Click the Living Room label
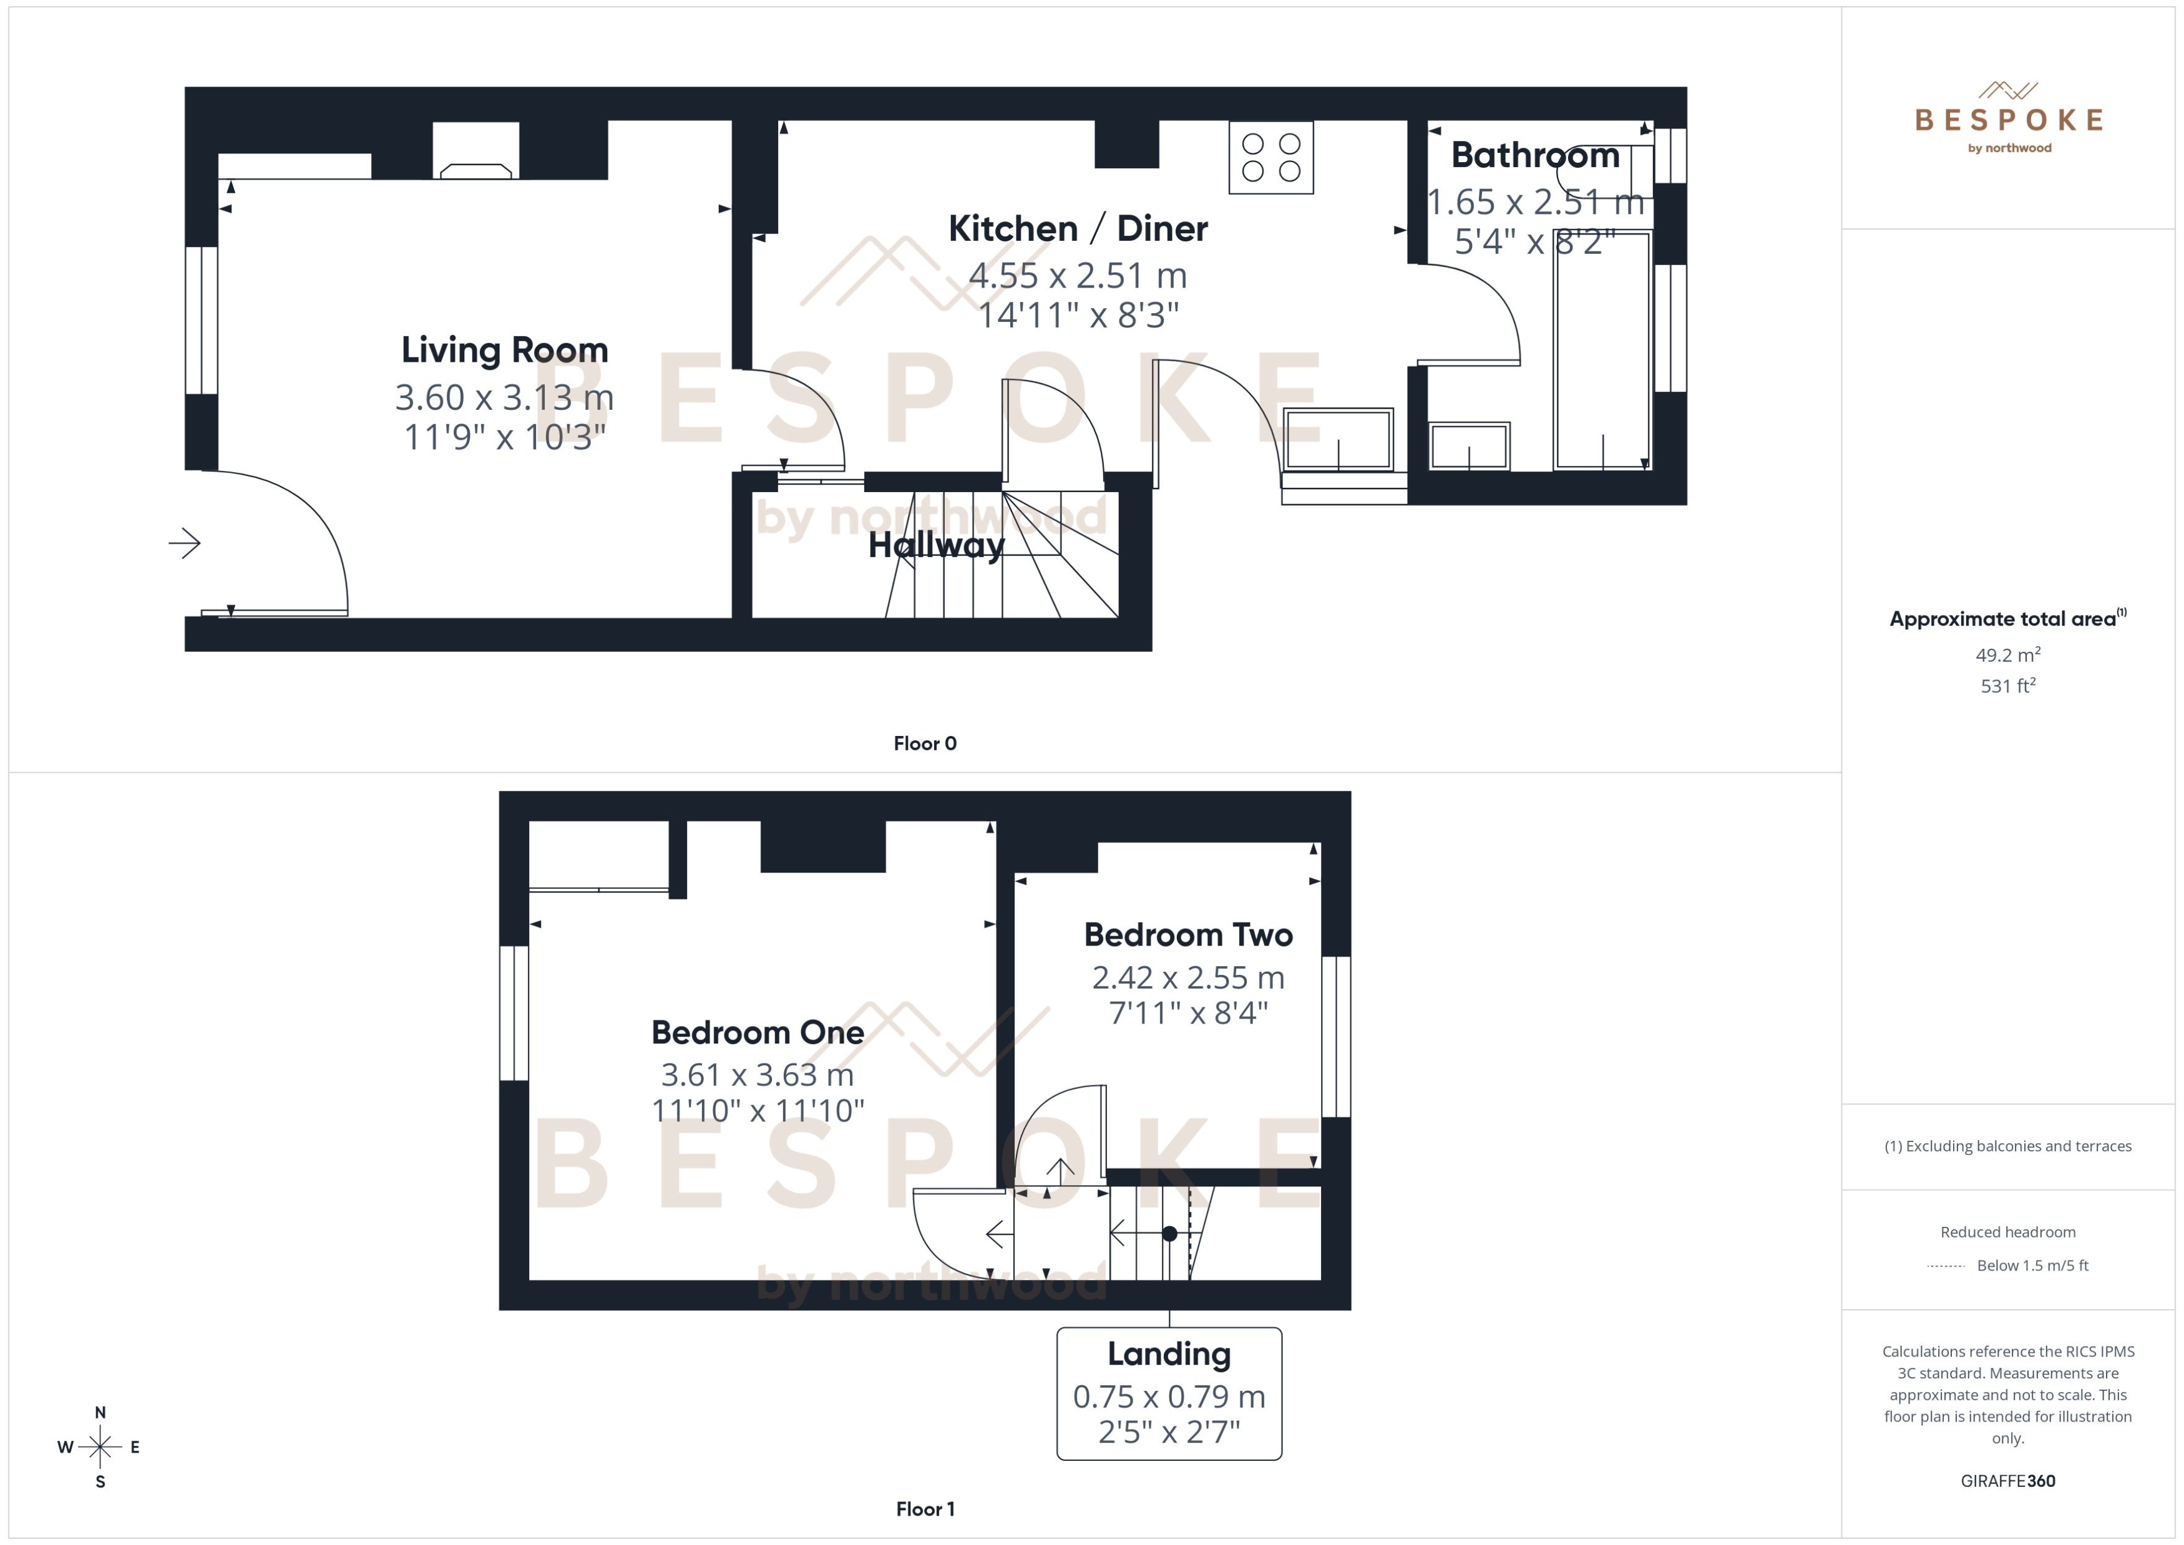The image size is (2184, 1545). tap(504, 349)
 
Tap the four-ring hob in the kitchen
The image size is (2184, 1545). tap(1270, 158)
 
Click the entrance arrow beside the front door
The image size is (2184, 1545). tap(185, 543)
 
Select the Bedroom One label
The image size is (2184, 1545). tap(758, 1032)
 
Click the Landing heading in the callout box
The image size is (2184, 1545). tap(1169, 1353)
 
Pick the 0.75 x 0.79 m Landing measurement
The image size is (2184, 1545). tap(1169, 1397)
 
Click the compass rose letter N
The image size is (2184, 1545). tap(100, 1413)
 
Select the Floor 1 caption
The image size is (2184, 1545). tap(924, 1509)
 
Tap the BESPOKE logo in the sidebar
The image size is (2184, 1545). tap(2008, 120)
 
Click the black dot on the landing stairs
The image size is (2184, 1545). tap(1169, 1234)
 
